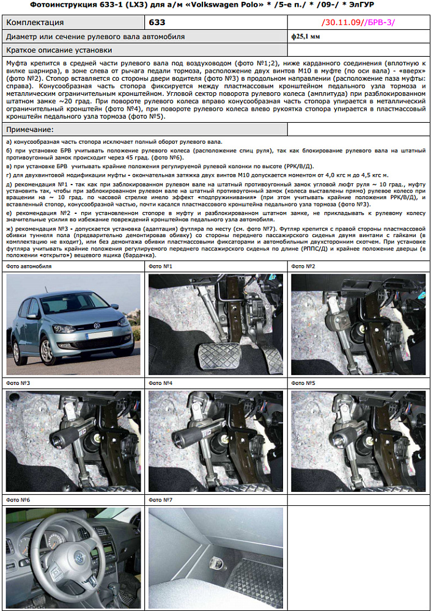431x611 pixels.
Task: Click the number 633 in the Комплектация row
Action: pos(157,23)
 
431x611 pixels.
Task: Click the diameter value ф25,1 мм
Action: pos(306,37)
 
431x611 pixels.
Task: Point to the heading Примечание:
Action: pos(29,130)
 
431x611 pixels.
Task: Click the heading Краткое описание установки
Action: pos(59,49)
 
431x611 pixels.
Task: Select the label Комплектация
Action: pos(35,23)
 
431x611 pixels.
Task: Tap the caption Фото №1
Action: pos(160,266)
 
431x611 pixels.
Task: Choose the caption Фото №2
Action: pos(303,266)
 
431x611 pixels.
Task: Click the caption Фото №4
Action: pos(160,383)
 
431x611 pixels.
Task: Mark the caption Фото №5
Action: pos(303,383)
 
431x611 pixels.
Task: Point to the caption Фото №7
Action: pos(160,500)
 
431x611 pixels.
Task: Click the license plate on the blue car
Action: pos(100,335)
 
